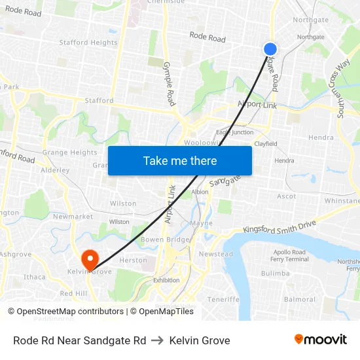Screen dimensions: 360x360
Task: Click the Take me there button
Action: click(x=180, y=160)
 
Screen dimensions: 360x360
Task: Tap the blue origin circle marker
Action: click(x=270, y=49)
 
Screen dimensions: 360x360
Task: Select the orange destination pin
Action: click(x=89, y=257)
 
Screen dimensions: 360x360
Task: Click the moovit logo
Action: click(x=321, y=340)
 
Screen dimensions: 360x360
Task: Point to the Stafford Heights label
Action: click(x=88, y=43)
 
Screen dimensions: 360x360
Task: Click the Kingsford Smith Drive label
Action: click(x=279, y=226)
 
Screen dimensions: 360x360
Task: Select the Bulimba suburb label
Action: click(x=275, y=273)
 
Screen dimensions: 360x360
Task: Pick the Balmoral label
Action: click(x=300, y=299)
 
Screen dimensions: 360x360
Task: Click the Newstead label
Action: click(x=215, y=254)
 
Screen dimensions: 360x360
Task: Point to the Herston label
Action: click(x=133, y=260)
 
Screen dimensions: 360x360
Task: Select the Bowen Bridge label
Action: click(x=165, y=240)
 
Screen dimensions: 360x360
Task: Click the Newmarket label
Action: click(x=69, y=217)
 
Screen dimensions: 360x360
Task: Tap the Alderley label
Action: click(x=55, y=170)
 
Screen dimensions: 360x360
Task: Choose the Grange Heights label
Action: click(x=69, y=153)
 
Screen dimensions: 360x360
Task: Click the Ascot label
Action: click(x=287, y=196)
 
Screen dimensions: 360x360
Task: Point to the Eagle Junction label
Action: click(x=234, y=132)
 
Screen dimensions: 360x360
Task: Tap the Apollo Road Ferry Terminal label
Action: click(x=290, y=255)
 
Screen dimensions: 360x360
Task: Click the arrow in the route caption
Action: click(x=158, y=340)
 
